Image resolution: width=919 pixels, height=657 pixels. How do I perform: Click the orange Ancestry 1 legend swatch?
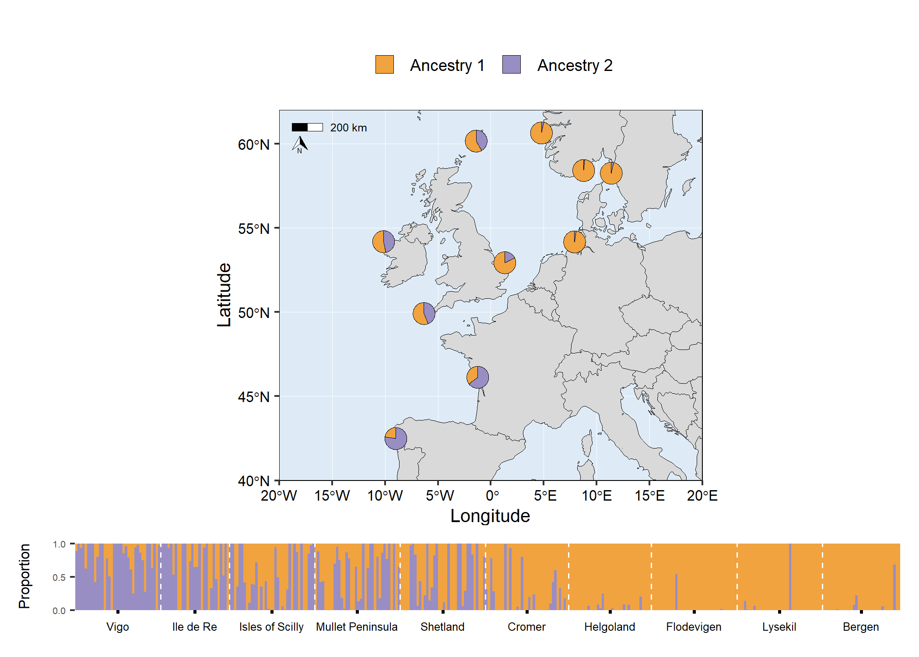[384, 64]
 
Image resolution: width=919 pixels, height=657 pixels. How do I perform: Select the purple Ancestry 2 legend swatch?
[511, 64]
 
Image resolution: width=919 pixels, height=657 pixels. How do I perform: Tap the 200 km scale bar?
[307, 127]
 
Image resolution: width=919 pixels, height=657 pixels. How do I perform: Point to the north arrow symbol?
[300, 144]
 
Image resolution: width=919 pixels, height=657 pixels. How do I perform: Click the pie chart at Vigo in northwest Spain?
[396, 438]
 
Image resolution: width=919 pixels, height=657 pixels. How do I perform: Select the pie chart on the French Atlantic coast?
[477, 377]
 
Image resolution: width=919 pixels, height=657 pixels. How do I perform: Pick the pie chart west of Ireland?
[383, 241]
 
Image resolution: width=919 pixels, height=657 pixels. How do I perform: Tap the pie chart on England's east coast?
[505, 262]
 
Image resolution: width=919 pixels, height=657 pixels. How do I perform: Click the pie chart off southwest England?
[424, 313]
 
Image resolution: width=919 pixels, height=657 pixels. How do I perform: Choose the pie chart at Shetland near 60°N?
[476, 141]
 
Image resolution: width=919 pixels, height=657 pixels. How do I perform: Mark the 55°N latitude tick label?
[254, 229]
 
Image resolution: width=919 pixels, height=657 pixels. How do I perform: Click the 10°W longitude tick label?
[385, 496]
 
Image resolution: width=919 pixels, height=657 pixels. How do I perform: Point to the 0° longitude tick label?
[492, 496]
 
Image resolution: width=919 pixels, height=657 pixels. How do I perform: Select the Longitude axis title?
[490, 516]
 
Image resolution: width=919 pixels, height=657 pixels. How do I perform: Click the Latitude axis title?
[224, 295]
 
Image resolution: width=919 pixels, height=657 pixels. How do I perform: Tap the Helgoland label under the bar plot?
[609, 627]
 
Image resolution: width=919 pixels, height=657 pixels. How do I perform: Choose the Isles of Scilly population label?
[271, 627]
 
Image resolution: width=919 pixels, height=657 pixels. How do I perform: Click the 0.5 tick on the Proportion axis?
[59, 577]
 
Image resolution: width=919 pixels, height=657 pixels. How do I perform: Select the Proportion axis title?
[25, 576]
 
